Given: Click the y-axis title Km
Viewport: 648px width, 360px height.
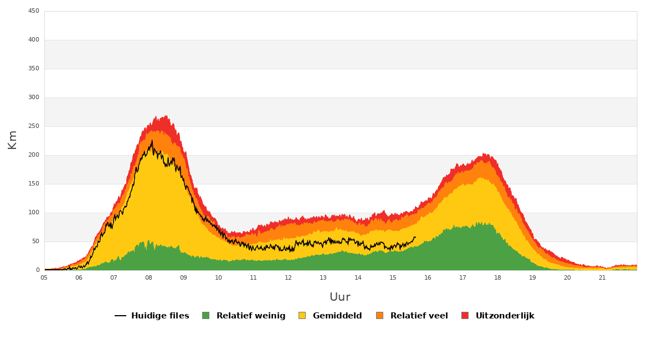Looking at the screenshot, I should click(x=12, y=140).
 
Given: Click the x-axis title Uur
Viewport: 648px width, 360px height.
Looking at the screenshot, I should click(x=340, y=297).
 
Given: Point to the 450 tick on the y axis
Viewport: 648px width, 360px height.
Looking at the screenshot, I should click(x=34, y=11).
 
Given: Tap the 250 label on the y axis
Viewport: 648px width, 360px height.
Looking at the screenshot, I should click(x=34, y=126).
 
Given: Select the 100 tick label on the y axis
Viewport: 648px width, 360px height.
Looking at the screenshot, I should click(x=34, y=213).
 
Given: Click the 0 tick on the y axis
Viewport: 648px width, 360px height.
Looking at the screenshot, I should click(x=38, y=270).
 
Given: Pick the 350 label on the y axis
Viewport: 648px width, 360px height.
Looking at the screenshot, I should click(x=34, y=69).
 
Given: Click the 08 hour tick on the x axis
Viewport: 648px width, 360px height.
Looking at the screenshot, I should click(x=148, y=277).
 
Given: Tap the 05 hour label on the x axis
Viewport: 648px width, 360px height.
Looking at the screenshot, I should click(x=44, y=277).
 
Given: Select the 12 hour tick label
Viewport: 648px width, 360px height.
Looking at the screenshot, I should click(x=288, y=277).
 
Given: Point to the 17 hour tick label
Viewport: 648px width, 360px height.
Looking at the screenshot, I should click(x=462, y=277).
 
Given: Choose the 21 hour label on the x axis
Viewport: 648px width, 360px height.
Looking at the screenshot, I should click(x=602, y=277).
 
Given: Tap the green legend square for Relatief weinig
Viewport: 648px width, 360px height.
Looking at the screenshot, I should click(x=205, y=316).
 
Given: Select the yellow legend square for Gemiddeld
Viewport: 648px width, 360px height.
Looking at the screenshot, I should click(x=302, y=316).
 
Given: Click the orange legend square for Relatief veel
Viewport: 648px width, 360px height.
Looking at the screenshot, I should click(x=379, y=316).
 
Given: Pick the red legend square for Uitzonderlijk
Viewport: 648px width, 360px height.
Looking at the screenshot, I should click(x=465, y=316).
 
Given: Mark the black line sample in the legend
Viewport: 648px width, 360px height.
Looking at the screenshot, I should click(x=120, y=316).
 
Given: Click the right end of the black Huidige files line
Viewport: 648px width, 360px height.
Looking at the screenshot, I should click(x=415, y=237).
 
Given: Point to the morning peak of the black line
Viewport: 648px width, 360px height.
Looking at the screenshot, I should click(x=152, y=140).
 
